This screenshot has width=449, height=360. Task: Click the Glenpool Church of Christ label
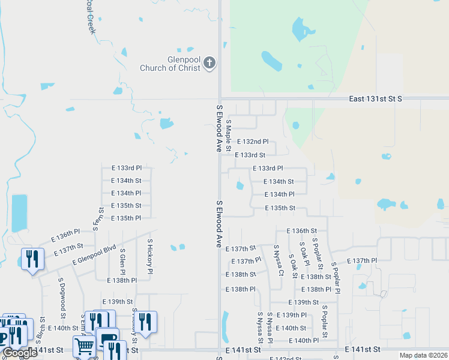(x=170, y=64)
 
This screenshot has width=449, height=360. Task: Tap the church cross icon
(x=209, y=62)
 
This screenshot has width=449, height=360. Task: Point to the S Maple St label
(x=229, y=135)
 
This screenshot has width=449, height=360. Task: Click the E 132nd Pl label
(x=253, y=142)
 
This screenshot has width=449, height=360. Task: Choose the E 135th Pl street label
(x=126, y=218)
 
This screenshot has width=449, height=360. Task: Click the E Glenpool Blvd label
(x=94, y=254)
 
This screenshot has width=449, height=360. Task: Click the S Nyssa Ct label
(x=278, y=260)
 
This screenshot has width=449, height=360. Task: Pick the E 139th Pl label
(x=292, y=315)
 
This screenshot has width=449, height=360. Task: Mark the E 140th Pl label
(x=304, y=340)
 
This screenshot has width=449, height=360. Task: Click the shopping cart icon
(x=83, y=346)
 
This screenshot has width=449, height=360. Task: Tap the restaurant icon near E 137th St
(x=31, y=259)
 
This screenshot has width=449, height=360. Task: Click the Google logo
(x=20, y=353)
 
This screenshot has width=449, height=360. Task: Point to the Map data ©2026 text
(x=423, y=355)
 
